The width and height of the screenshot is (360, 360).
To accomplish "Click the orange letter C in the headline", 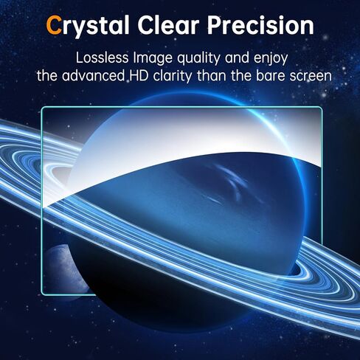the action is pyautogui.click(x=54, y=24).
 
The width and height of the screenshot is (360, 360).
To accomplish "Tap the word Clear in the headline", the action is pyautogui.click(x=168, y=24).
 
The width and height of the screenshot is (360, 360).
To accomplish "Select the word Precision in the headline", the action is pyautogui.click(x=260, y=24).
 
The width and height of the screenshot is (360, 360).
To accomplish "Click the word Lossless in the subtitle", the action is pyautogui.click(x=102, y=58).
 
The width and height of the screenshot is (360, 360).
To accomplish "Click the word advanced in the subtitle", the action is pyautogui.click(x=93, y=76).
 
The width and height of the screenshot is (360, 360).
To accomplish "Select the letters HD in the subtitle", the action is pyautogui.click(x=139, y=76).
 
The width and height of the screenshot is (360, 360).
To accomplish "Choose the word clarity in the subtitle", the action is pyautogui.click(x=172, y=76).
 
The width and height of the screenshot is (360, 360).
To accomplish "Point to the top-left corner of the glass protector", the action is pyautogui.click(x=42, y=107).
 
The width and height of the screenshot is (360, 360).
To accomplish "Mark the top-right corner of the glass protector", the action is pyautogui.click(x=322, y=107).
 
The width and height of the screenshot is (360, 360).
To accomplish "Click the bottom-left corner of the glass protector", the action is pyautogui.click(x=42, y=294).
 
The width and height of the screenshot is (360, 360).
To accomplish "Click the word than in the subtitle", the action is pyautogui.click(x=211, y=76).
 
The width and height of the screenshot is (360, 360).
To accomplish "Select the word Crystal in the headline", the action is pyautogui.click(x=88, y=26).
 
